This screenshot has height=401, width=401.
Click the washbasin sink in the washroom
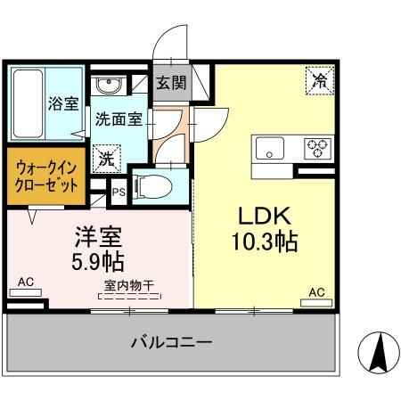(x=110, y=86)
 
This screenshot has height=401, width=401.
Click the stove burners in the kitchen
(x=316, y=147)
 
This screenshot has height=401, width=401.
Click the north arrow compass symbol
(x=377, y=354)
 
